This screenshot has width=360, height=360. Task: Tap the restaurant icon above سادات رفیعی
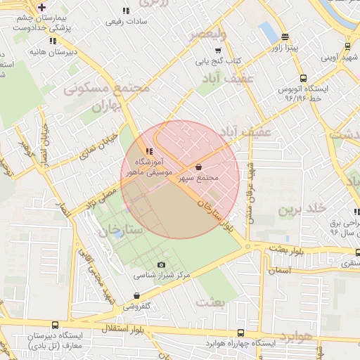(x=126, y=11)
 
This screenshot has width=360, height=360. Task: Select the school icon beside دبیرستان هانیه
(x=34, y=52)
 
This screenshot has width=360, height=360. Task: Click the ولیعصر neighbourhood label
(x=212, y=34)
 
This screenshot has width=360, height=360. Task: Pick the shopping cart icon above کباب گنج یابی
(x=219, y=50)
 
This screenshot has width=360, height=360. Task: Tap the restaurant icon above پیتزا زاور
(x=285, y=37)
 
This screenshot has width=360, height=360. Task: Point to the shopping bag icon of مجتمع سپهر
(x=199, y=167)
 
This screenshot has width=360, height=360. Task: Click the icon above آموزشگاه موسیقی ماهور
(x=148, y=151)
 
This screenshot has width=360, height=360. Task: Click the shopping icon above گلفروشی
(x=136, y=296)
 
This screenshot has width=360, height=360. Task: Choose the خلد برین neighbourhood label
(x=303, y=209)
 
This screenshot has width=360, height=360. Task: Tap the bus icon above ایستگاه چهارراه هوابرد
(x=241, y=333)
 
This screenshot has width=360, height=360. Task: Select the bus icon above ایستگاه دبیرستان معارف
(x=56, y=326)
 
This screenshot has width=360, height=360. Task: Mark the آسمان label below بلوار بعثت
(x=278, y=270)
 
